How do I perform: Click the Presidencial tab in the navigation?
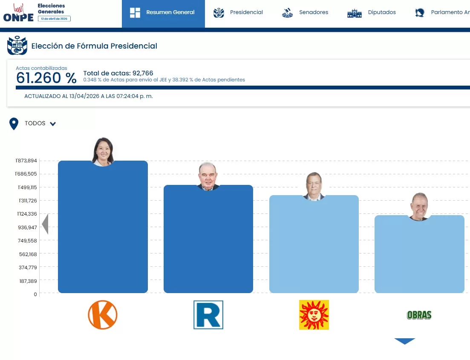(238, 12)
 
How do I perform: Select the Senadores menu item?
(305, 12)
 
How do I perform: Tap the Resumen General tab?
(163, 12)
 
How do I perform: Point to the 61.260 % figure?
(46, 78)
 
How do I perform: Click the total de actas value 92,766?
(143, 73)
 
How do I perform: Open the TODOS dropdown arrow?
(53, 124)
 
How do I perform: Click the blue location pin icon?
(14, 124)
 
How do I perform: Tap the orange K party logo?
(102, 315)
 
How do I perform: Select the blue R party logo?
(208, 315)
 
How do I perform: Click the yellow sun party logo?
(314, 315)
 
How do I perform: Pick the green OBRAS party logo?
(419, 315)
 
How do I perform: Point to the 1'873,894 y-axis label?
(26, 161)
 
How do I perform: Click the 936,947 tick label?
(28, 228)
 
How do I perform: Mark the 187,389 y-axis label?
(28, 281)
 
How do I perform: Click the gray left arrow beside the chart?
(45, 224)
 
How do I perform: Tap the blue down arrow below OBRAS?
(404, 341)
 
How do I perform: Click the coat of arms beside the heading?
(17, 46)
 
